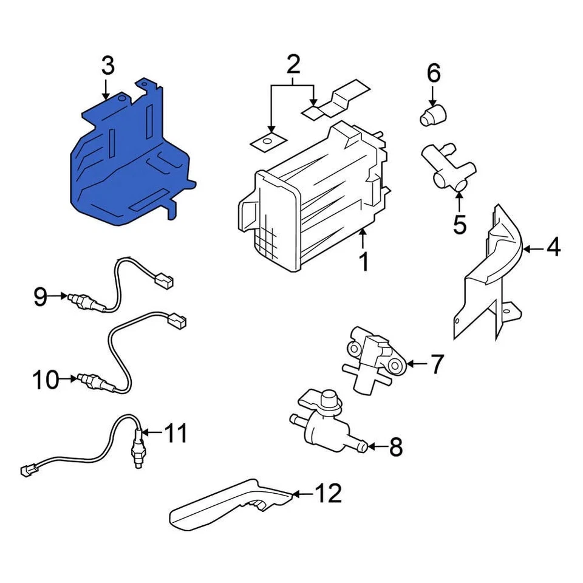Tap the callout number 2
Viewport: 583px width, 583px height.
[293, 63]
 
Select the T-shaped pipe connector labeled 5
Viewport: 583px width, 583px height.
[449, 170]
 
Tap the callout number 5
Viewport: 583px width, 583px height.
[460, 224]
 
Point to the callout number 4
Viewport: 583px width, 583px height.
[553, 248]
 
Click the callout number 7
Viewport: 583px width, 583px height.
[437, 364]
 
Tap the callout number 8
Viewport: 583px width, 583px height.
[395, 448]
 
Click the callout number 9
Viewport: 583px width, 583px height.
[40, 297]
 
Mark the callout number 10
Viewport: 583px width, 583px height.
[46, 381]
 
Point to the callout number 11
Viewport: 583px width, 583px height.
[176, 434]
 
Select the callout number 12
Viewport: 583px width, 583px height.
[329, 494]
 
